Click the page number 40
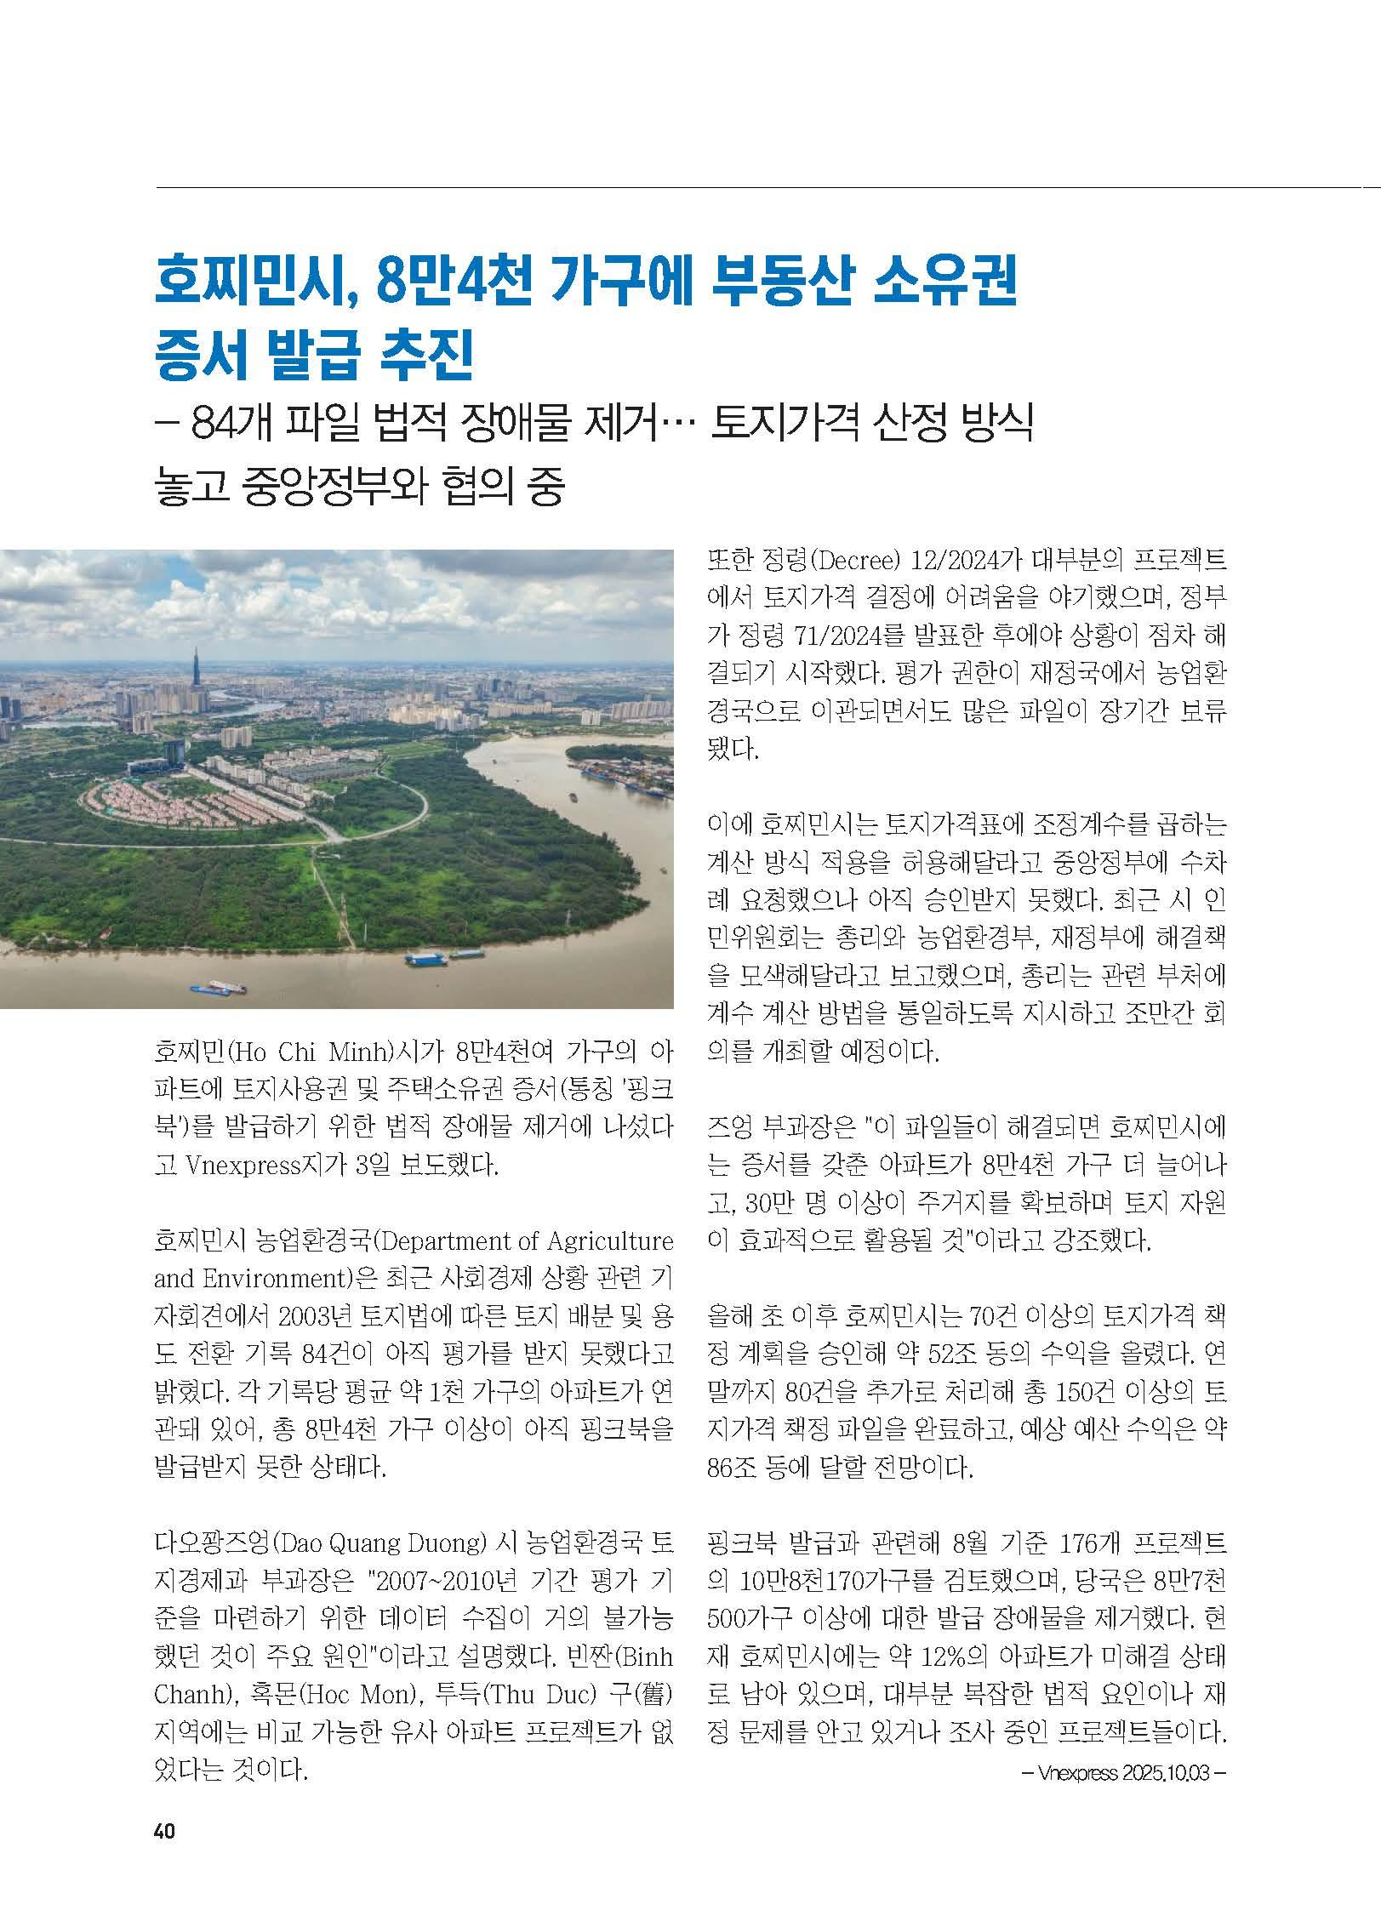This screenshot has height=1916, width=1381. (164, 1826)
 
